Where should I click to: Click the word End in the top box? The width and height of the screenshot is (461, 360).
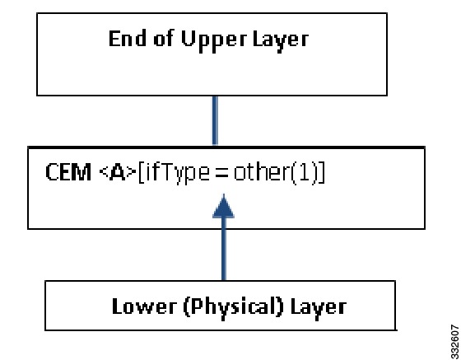[128, 38]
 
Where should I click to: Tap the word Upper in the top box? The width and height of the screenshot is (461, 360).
[214, 41]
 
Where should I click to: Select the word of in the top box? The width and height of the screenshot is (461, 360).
[163, 38]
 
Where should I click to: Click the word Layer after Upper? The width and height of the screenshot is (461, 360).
[281, 41]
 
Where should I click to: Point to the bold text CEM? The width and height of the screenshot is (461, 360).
[68, 172]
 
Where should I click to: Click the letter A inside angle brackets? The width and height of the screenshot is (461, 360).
[118, 173]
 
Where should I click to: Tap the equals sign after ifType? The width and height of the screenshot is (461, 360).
[221, 174]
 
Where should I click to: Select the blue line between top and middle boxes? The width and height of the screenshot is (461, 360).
[215, 120]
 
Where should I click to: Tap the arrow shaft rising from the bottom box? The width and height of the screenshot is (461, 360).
[224, 249]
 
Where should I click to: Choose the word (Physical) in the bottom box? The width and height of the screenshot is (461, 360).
[234, 308]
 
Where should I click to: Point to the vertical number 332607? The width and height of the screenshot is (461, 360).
[454, 342]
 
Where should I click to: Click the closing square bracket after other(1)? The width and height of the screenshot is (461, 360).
[322, 173]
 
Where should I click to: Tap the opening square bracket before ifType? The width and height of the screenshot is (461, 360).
[141, 173]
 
